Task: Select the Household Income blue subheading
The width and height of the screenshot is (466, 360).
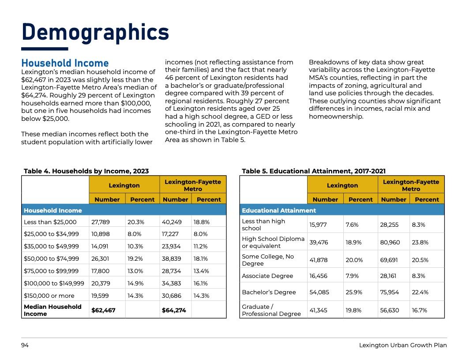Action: click(65, 64)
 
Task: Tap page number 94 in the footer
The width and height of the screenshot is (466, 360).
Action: click(25, 345)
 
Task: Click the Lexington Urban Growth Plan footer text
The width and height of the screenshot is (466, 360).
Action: click(402, 345)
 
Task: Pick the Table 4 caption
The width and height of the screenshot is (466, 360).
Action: click(86, 171)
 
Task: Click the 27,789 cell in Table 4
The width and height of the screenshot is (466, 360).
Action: click(101, 222)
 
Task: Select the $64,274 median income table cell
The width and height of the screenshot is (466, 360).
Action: click(174, 310)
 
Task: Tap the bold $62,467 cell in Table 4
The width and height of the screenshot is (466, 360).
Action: click(103, 310)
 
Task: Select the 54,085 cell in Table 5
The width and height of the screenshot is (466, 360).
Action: click(319, 292)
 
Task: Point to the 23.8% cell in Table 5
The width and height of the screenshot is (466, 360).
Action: click(420, 242)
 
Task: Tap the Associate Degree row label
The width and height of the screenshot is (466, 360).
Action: click(267, 276)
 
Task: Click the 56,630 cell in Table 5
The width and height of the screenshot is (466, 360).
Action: click(389, 310)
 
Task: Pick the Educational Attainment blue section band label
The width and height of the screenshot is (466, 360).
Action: click(279, 210)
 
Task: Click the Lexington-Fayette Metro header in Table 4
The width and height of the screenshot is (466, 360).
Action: click(193, 185)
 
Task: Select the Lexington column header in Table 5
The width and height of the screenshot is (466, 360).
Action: click(342, 185)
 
